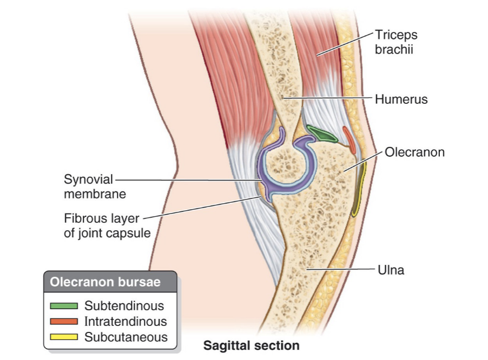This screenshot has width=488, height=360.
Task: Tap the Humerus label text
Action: tap(401, 99)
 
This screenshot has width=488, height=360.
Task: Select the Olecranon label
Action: tap(414, 152)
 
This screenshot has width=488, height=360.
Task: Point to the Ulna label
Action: tap(390, 269)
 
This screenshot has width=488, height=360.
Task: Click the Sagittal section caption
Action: tap(251, 345)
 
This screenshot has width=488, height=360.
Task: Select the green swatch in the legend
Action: tap(64, 306)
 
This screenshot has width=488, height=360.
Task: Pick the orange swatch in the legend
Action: tap(64, 322)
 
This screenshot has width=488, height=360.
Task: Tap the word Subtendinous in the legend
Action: tap(124, 306)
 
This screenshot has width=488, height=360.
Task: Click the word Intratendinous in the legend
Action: tap(126, 322)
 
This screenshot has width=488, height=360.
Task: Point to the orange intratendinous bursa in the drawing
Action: tap(349, 139)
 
